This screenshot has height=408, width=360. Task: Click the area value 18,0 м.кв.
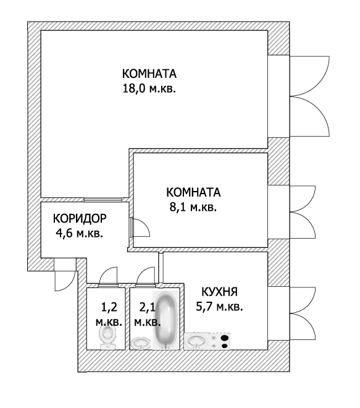click(149, 88)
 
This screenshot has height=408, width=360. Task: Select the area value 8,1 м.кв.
click(193, 208)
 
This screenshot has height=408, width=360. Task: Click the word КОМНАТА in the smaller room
click(193, 192)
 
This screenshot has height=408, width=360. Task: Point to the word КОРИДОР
click(80, 219)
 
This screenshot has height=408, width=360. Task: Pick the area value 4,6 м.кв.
click(79, 234)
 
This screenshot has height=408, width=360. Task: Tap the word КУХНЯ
click(219, 292)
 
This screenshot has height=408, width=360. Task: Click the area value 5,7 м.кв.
click(220, 307)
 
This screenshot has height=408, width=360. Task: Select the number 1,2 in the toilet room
click(108, 306)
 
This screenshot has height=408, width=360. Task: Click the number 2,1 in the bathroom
click(146, 306)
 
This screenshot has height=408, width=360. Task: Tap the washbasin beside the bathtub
click(141, 342)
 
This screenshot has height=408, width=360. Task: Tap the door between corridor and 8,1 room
click(139, 229)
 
